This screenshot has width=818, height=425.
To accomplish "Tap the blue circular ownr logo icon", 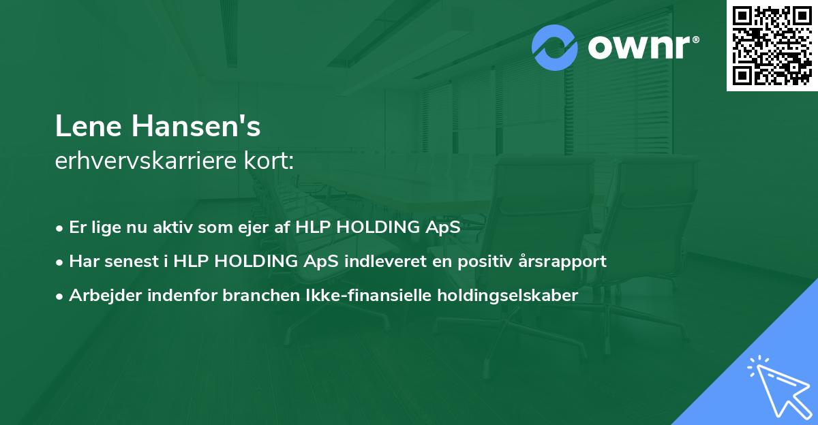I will pos(556,48).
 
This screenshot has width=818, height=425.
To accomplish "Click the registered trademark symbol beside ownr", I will pos(695,40).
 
